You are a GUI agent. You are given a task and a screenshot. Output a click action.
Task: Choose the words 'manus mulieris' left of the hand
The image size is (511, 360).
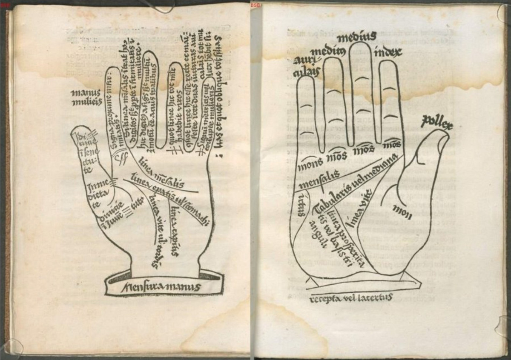[86, 97]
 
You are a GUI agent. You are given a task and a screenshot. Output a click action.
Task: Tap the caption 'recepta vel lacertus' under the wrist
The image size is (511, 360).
[351, 298]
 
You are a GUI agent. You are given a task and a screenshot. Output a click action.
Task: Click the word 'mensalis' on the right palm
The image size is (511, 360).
[319, 180]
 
